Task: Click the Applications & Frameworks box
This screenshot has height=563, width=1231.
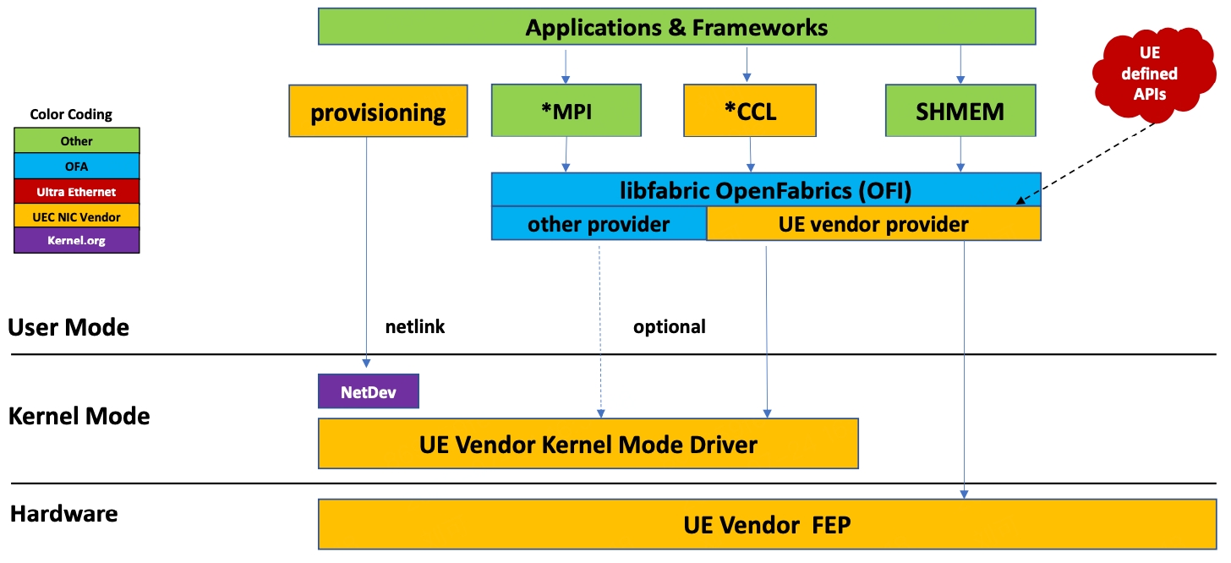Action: point(676,26)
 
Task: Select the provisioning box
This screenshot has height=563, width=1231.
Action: point(378,111)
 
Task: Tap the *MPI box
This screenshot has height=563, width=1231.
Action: point(566,111)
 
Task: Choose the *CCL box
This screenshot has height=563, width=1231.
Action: point(749,111)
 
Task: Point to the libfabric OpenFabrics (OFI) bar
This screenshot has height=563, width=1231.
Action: point(765,190)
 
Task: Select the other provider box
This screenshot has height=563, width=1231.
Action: point(599,225)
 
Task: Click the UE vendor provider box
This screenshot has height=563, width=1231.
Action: point(873,225)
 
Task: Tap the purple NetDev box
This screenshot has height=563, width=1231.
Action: point(368,391)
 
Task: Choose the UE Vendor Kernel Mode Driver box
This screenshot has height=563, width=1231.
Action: point(588,443)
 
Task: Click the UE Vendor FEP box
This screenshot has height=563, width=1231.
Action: point(766,524)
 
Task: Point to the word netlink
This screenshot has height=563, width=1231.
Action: point(414,326)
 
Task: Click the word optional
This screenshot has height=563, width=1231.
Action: point(669,326)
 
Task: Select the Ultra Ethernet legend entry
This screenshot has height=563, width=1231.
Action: point(77,191)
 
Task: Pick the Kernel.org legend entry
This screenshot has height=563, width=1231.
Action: point(77,241)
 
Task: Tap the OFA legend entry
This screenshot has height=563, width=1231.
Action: point(77,166)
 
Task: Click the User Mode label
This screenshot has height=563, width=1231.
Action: point(68,327)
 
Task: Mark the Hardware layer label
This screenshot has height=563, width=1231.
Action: point(63,513)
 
